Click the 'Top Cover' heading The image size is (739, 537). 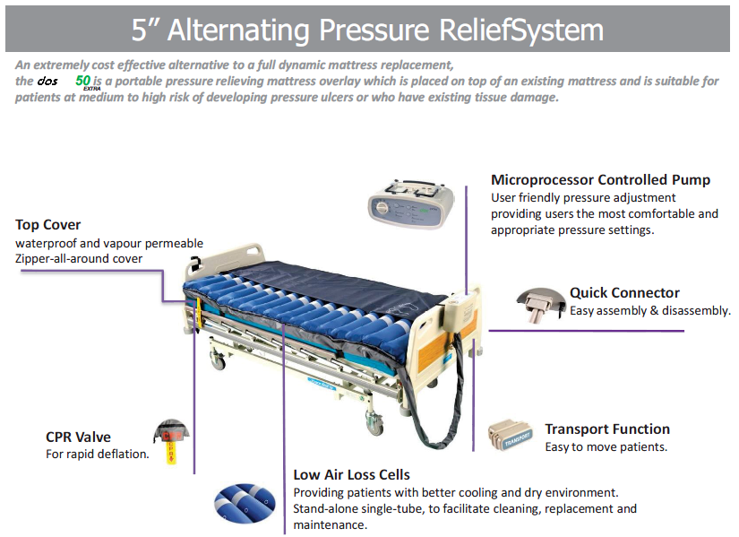48,225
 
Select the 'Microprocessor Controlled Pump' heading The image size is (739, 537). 600,180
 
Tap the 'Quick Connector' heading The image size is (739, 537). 624,293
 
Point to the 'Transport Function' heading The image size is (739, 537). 607,429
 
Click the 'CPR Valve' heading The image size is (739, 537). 79,437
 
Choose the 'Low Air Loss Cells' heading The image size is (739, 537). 352,475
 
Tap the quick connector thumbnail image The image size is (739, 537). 540,304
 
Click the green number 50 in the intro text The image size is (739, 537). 82,81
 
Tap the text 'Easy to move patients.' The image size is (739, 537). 606,447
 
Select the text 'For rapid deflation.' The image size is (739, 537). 98,455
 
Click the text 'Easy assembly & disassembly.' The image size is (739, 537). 650,311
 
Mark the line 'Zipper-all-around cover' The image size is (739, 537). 79,259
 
